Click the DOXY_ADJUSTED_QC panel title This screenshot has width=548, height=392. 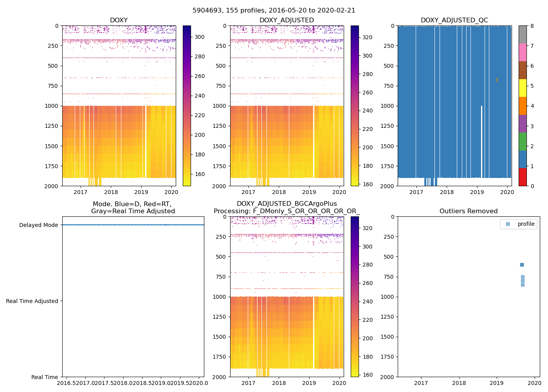454,20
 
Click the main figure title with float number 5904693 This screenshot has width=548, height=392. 274,11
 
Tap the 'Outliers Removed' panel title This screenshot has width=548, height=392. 468,211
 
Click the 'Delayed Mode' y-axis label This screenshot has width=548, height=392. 38,225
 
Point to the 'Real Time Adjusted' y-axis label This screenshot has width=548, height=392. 32,301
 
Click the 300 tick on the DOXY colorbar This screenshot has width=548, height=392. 200,37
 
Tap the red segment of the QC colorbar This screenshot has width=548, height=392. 523,177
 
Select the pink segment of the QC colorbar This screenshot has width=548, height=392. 523,52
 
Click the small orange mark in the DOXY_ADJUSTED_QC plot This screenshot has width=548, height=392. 497,80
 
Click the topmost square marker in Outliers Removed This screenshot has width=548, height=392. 522,265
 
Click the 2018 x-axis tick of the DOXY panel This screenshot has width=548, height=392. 111,192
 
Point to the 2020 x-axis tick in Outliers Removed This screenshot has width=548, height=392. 535,383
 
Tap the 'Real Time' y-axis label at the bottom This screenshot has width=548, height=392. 45,377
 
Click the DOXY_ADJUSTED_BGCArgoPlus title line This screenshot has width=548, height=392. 287,204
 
